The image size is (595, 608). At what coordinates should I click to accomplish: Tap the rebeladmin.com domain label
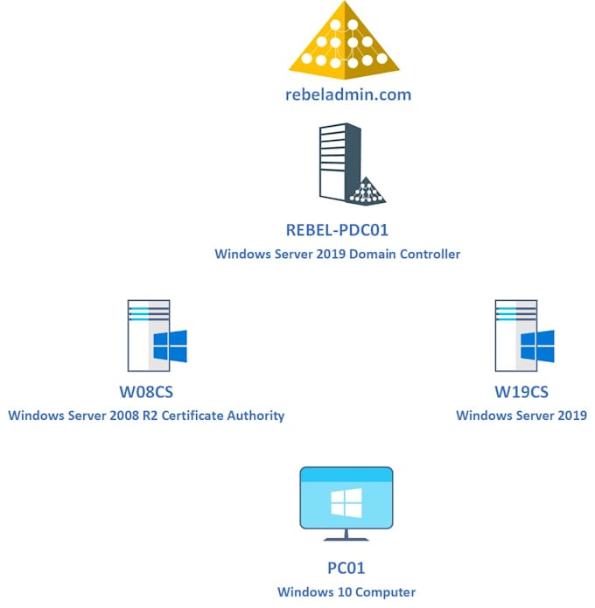(347, 95)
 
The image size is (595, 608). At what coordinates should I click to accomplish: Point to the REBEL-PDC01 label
(337, 231)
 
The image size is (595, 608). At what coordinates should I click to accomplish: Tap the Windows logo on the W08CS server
(170, 347)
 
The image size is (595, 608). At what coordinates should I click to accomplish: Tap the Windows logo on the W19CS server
(536, 347)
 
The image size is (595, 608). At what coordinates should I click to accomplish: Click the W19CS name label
(521, 392)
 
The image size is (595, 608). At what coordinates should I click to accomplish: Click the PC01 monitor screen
(346, 497)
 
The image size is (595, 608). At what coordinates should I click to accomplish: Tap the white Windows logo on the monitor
(346, 502)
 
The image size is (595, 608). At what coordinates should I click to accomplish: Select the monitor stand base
(346, 537)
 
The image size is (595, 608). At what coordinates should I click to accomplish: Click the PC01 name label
(346, 569)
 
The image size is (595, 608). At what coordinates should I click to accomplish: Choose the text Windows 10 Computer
(346, 592)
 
